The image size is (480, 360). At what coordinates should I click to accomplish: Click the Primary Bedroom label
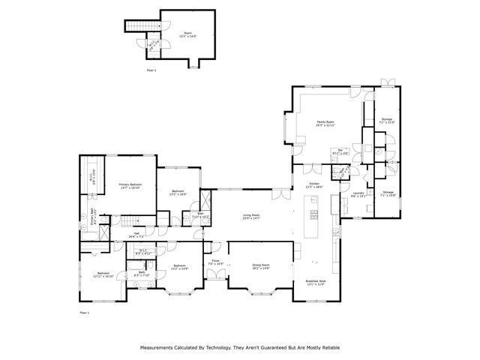click(129, 186)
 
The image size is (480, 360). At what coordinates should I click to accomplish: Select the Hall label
click(137, 235)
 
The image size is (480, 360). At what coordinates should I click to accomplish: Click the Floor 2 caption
click(151, 70)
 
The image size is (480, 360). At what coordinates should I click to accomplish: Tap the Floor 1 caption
click(84, 311)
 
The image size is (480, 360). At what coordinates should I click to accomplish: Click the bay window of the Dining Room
click(260, 291)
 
